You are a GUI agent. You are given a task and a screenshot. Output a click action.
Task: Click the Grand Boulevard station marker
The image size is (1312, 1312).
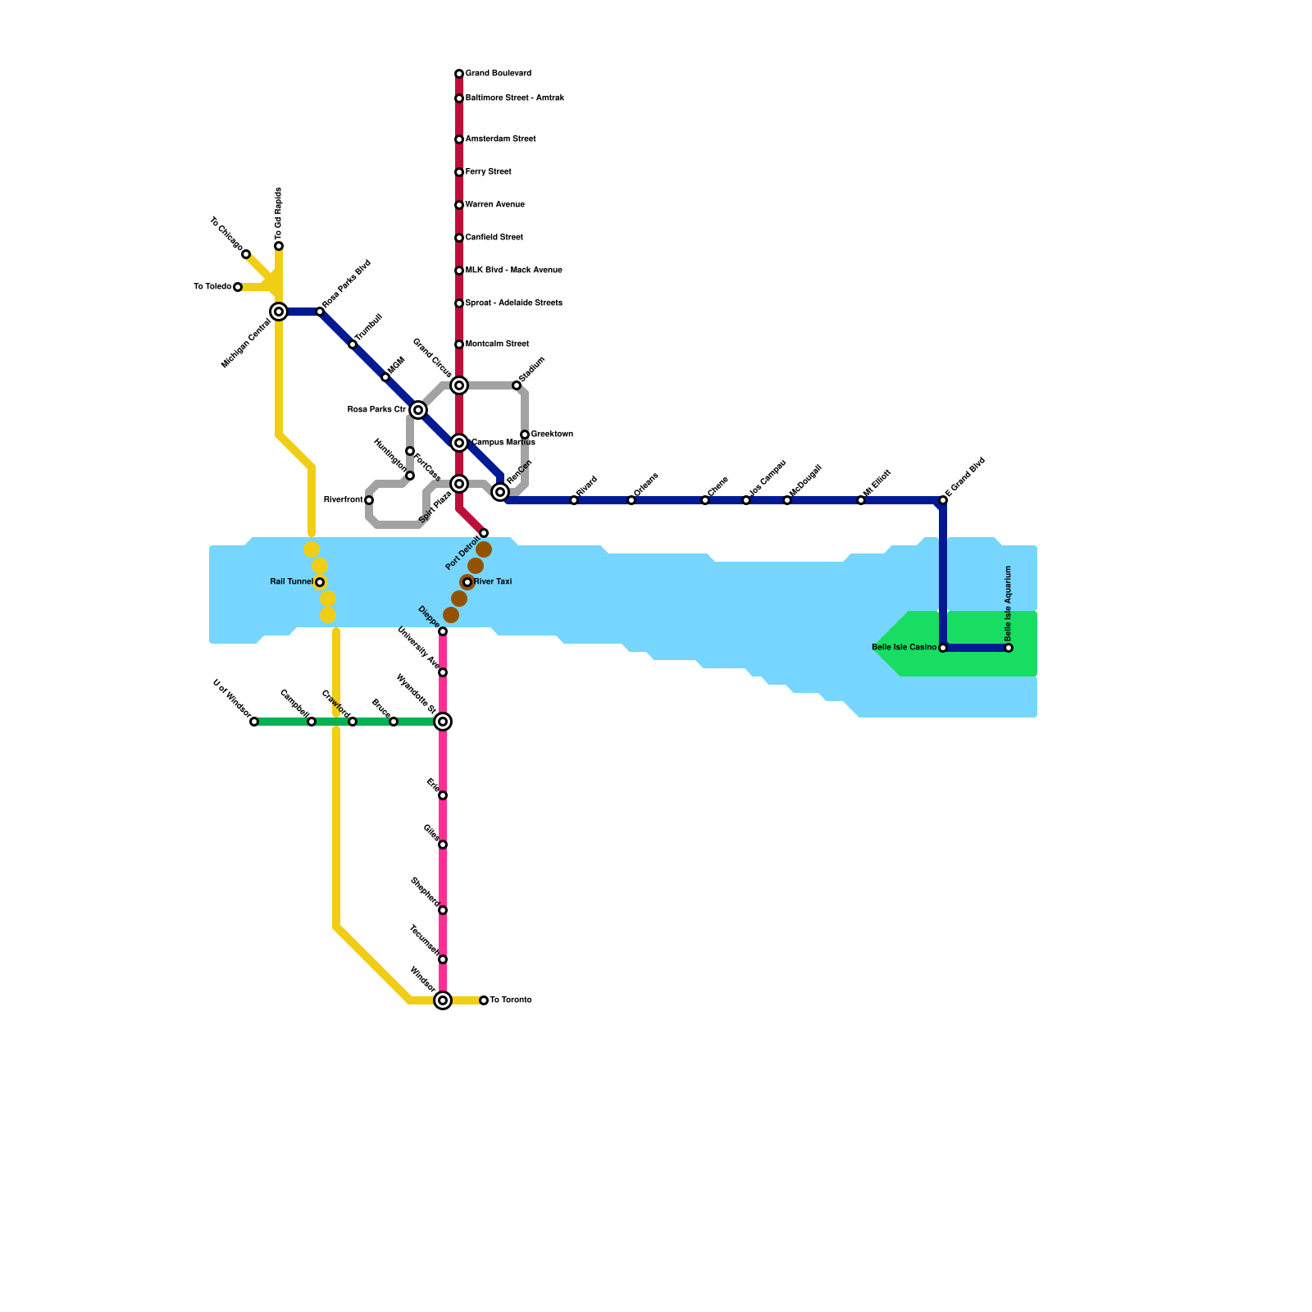(x=459, y=74)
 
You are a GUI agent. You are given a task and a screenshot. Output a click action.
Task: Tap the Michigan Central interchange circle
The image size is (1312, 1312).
(x=279, y=312)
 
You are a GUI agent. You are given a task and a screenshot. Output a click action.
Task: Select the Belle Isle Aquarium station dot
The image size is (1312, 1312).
(x=1009, y=648)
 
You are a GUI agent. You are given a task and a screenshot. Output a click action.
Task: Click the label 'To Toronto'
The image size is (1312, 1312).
(x=511, y=1000)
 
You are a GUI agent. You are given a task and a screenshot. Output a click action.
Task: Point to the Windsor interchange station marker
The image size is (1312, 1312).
(x=443, y=1000)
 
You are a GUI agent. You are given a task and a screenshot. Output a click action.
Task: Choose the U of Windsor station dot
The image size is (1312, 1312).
(x=254, y=722)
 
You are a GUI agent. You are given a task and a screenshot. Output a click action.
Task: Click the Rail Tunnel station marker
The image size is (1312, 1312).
(x=320, y=582)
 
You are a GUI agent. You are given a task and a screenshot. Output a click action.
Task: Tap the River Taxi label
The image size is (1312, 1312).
(x=493, y=582)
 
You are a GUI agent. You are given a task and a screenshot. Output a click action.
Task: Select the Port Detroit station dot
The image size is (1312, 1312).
(x=484, y=533)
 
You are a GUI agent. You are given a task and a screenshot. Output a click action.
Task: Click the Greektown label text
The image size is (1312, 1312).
(x=552, y=435)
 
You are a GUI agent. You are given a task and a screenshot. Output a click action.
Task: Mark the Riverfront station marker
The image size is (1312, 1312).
(x=369, y=500)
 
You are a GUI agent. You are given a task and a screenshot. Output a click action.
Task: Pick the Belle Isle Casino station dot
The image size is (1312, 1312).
(x=943, y=648)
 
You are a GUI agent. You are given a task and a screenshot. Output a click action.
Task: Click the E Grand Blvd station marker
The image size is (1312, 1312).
(x=943, y=500)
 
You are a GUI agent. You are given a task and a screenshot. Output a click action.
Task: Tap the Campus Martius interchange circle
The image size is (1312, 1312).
(x=459, y=443)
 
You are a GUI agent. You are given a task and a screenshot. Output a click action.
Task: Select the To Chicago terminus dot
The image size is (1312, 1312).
(x=246, y=254)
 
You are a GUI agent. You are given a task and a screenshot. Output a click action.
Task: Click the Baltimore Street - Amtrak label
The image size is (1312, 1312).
(x=515, y=98)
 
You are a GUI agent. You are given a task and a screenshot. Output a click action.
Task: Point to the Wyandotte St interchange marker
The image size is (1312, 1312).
(x=443, y=722)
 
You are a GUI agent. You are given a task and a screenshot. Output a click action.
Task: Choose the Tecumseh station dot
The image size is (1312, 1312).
(x=443, y=959)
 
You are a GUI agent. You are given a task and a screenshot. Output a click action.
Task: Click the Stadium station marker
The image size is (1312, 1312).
(x=517, y=385)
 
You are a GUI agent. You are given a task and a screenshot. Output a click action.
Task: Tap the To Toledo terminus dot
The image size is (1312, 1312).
(x=238, y=287)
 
